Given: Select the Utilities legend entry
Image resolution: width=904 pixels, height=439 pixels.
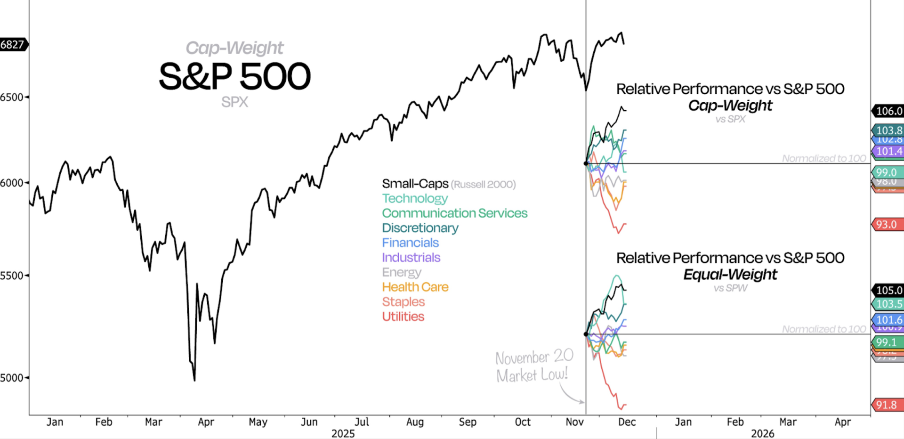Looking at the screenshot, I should click(403, 317).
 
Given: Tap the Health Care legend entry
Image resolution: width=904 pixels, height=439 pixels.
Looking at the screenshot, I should click(415, 287).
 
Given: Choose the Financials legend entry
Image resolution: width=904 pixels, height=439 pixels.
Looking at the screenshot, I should click(410, 243).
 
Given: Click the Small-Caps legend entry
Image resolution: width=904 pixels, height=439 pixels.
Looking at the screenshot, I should click(415, 184).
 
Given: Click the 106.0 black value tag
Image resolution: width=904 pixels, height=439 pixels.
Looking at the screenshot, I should click(888, 111).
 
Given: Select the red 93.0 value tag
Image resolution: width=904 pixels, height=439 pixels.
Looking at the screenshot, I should click(887, 225).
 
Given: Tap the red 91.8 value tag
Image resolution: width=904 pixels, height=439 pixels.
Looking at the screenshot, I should click(887, 405).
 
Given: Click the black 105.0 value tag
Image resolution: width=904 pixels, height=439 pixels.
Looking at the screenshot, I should click(888, 290).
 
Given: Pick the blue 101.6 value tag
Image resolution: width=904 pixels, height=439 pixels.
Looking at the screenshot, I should click(888, 320).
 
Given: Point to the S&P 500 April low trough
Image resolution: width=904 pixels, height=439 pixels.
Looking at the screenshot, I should click(194, 380).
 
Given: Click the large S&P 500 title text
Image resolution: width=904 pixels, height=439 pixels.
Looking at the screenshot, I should click(234, 76).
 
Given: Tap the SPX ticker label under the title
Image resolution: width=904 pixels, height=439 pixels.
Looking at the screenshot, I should click(234, 102).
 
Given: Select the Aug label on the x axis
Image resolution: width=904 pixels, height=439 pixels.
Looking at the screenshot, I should click(415, 422).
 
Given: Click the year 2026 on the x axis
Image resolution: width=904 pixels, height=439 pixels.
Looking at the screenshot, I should click(762, 433).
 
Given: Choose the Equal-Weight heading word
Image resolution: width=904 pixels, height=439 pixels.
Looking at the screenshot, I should click(730, 274).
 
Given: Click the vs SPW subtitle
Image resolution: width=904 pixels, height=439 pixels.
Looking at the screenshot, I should click(730, 288).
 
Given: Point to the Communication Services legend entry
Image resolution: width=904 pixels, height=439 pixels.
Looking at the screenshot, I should click(454, 213).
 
